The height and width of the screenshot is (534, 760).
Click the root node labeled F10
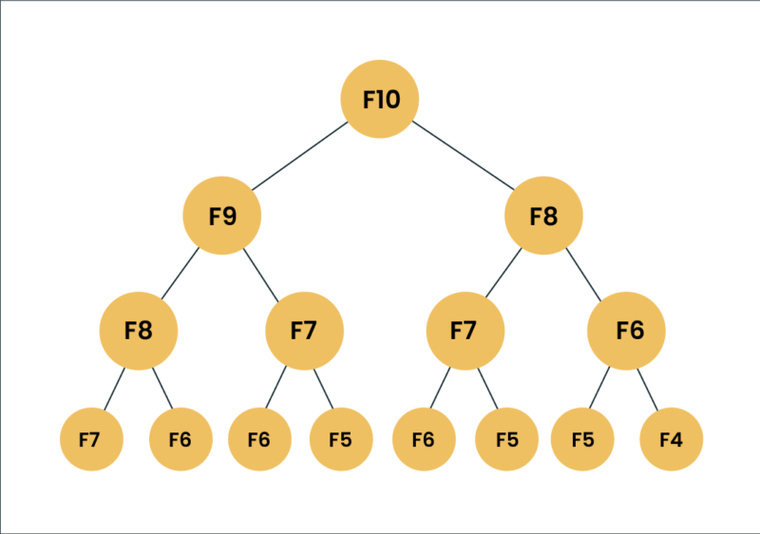click(x=380, y=99)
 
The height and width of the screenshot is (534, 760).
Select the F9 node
click(x=221, y=216)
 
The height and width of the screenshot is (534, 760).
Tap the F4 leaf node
click(x=671, y=440)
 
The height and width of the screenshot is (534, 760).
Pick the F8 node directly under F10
click(x=543, y=216)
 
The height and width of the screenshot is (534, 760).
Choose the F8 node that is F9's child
click(x=139, y=331)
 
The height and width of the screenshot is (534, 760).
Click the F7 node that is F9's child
click(x=303, y=331)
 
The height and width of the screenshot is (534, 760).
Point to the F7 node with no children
click(x=89, y=440)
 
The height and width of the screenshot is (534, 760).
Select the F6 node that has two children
click(x=627, y=331)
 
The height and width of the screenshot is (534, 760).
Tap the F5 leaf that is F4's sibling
click(x=582, y=440)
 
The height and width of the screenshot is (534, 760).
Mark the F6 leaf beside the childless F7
click(x=180, y=440)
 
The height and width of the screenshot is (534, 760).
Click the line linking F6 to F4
click(x=649, y=386)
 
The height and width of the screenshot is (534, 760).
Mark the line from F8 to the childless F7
click(x=114, y=386)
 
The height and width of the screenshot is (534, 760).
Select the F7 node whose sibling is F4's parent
click(x=465, y=331)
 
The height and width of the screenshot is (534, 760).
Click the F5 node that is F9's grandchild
click(x=341, y=440)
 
